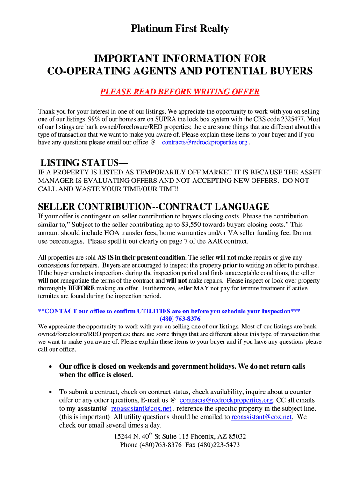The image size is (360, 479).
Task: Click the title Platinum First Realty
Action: (180, 29)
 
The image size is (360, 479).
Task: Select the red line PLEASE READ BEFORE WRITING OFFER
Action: (180, 92)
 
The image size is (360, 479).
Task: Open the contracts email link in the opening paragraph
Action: (204, 142)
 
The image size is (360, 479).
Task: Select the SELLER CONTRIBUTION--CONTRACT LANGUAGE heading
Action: (153, 207)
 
